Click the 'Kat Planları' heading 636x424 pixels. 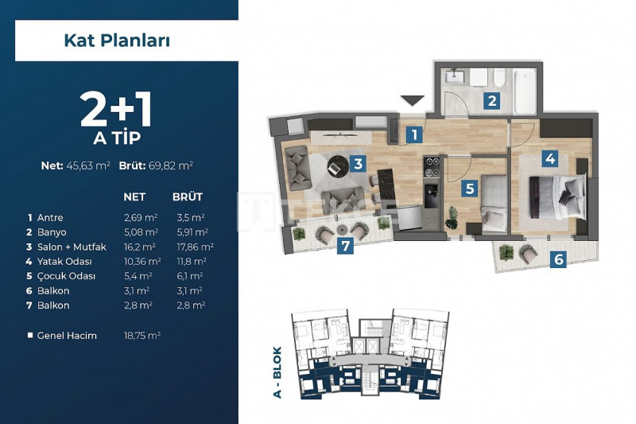click(x=117, y=41)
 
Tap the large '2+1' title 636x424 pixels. click(x=116, y=110)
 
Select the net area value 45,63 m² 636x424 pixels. click(x=88, y=165)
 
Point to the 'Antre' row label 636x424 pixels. click(x=50, y=218)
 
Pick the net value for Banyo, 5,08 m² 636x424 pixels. click(x=141, y=232)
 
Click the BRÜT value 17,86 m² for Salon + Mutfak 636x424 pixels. click(x=195, y=247)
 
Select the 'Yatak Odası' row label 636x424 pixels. click(x=64, y=262)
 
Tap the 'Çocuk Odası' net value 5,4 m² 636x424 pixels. click(x=138, y=276)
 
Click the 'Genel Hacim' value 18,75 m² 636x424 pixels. click(x=142, y=336)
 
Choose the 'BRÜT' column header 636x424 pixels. click(x=188, y=197)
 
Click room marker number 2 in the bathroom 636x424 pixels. click(x=492, y=100)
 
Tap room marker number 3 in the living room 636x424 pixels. click(x=358, y=164)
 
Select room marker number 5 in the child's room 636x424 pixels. click(x=470, y=189)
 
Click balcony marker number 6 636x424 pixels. click(x=559, y=259)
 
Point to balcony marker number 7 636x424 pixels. click(x=346, y=246)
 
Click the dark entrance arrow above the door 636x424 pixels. click(x=412, y=100)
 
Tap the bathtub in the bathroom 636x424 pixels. click(x=524, y=91)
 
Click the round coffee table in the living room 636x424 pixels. click(x=338, y=166)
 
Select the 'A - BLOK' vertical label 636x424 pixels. click(x=277, y=372)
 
